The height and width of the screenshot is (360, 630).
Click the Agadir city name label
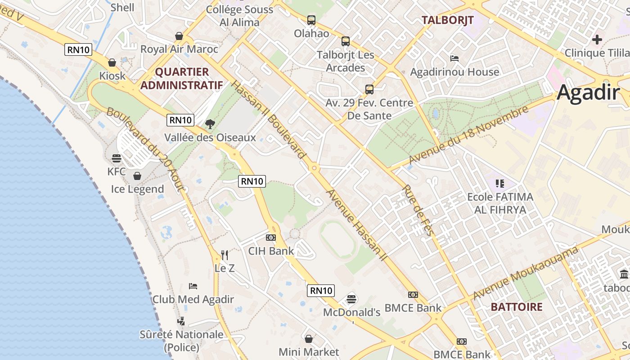tap(588, 93)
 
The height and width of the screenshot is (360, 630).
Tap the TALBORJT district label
tap(447, 20)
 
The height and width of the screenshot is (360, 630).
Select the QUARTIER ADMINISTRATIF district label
tap(181, 78)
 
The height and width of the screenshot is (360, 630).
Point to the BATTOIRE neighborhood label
tap(517, 307)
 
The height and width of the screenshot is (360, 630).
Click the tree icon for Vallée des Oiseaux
tap(210, 124)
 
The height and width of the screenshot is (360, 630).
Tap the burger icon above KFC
tap(117, 158)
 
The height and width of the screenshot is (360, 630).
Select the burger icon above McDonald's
tap(351, 299)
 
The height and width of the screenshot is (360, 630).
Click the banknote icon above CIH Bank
tap(271, 237)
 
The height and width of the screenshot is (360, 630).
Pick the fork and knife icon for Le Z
tap(224, 255)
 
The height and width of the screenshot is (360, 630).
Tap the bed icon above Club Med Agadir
tap(193, 286)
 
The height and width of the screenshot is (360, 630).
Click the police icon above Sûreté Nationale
tap(181, 321)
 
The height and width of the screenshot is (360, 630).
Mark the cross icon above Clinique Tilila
tap(597, 40)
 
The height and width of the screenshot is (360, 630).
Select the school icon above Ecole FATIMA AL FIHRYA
tap(499, 183)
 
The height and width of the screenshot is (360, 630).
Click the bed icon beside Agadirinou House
tap(454, 58)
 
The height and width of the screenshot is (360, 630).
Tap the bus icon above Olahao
tap(311, 20)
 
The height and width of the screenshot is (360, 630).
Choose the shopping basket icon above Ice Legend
tap(137, 175)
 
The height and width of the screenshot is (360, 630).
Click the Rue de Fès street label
tap(419, 210)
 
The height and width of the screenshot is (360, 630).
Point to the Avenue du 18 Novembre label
tap(468, 135)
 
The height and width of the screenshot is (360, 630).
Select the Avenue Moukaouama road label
tap(526, 273)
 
